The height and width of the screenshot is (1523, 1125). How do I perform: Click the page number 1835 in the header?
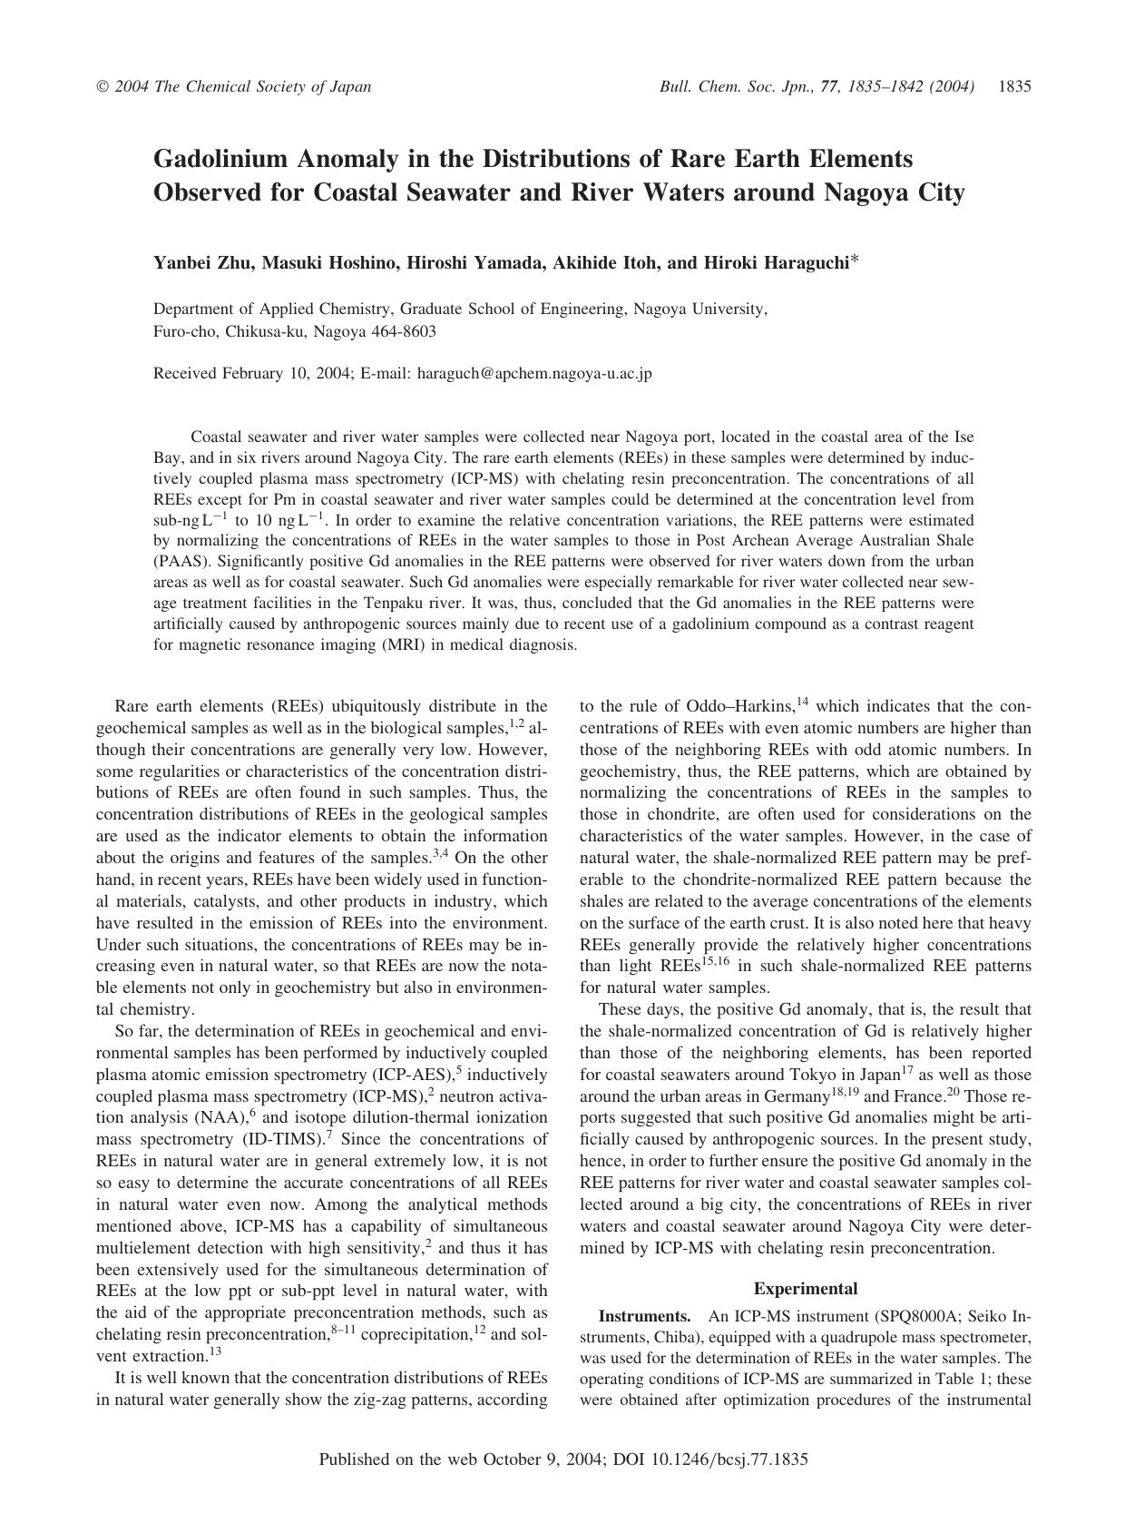(1014, 87)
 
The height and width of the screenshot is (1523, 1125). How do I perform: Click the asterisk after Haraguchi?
(856, 261)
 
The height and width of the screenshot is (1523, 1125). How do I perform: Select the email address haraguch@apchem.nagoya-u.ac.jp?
(534, 373)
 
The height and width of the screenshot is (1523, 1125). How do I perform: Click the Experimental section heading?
(805, 1288)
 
